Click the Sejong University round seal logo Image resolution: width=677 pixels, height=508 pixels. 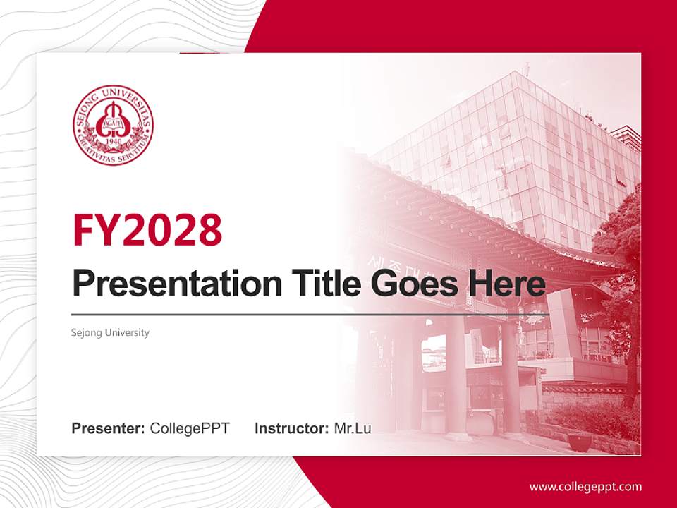click(x=114, y=125)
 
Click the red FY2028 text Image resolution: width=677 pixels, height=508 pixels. click(x=147, y=229)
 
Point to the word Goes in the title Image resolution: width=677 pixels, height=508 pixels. click(x=410, y=284)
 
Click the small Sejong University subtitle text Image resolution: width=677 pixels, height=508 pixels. click(x=111, y=332)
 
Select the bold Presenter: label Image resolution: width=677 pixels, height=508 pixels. click(x=109, y=428)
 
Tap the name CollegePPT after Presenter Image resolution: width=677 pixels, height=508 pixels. click(x=190, y=428)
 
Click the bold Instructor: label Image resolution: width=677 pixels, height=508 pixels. click(x=291, y=428)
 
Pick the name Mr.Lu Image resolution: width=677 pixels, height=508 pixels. click(x=353, y=428)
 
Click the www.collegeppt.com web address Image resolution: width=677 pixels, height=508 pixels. click(x=585, y=487)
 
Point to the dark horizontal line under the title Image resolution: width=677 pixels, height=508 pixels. click(x=310, y=314)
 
